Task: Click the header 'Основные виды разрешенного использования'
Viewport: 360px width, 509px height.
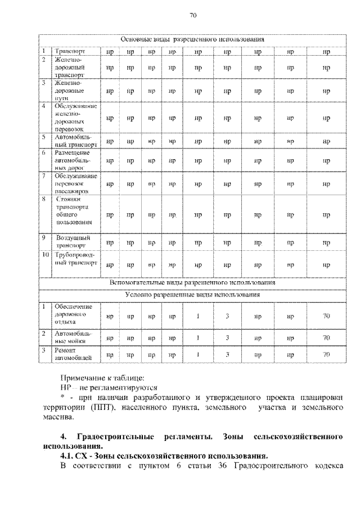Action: [x=193, y=39]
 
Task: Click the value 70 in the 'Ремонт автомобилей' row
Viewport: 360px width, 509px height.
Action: [x=325, y=354]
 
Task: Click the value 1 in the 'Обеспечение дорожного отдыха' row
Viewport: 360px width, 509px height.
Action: [x=199, y=316]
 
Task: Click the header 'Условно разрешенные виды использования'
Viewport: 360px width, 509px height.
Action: [x=193, y=294]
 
